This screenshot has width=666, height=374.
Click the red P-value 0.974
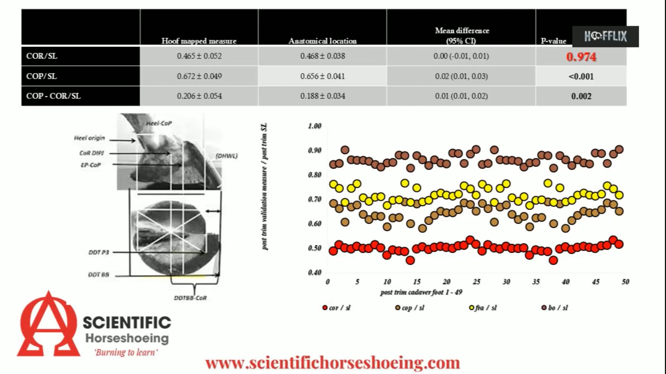click(x=581, y=57)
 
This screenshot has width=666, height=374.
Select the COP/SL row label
click(x=41, y=76)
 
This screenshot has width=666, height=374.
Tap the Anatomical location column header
click(x=322, y=41)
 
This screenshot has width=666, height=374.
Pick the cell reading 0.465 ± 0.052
click(x=199, y=56)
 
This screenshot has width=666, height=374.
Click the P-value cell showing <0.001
click(x=581, y=77)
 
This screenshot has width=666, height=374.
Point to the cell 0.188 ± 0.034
click(x=323, y=96)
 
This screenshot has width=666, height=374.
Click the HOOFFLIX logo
click(x=605, y=36)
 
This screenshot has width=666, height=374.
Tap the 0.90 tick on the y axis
click(x=315, y=150)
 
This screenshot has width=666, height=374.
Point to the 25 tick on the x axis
click(x=477, y=282)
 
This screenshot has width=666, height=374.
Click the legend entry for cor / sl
click(x=336, y=308)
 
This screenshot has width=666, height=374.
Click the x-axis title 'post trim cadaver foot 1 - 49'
click(x=421, y=292)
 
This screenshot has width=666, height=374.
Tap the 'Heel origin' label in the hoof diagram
click(x=89, y=138)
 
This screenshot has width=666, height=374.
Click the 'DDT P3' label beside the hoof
click(x=99, y=252)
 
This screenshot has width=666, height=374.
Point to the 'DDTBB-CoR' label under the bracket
click(x=190, y=298)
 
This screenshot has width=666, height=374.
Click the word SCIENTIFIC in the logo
click(x=127, y=323)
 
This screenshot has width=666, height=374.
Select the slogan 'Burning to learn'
click(x=126, y=353)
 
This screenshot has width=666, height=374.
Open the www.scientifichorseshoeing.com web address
click(x=332, y=363)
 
